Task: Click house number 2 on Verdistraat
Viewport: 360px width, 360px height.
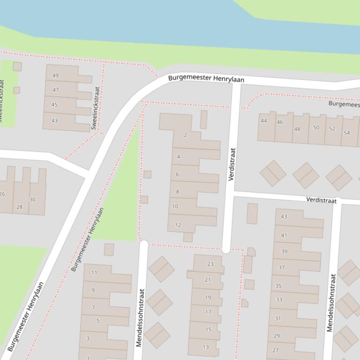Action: pyautogui.click(x=185, y=135)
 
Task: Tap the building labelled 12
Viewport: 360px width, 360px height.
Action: pyautogui.click(x=178, y=225)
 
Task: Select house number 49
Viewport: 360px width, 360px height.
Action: pyautogui.click(x=56, y=76)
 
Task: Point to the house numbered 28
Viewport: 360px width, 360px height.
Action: pyautogui.click(x=19, y=207)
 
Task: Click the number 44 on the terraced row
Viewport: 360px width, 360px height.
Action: pyautogui.click(x=264, y=121)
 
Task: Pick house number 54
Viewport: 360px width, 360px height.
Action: pyautogui.click(x=346, y=133)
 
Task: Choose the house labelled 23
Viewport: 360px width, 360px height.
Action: pyautogui.click(x=210, y=264)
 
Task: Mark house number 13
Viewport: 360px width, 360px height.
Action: pyautogui.click(x=206, y=347)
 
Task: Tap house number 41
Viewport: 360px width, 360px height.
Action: pyautogui.click(x=284, y=235)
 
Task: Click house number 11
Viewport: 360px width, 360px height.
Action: pyautogui.click(x=95, y=273)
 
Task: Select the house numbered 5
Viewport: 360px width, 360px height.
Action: pyautogui.click(x=98, y=321)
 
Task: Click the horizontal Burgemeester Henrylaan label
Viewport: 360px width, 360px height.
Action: pyautogui.click(x=206, y=79)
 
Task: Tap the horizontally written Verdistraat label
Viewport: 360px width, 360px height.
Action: pyautogui.click(x=321, y=200)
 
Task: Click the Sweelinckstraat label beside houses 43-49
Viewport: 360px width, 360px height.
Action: pyautogui.click(x=96, y=108)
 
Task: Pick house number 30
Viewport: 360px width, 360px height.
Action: pyautogui.click(x=32, y=200)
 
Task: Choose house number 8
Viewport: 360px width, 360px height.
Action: pyautogui.click(x=177, y=192)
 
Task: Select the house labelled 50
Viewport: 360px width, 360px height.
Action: pyautogui.click(x=316, y=128)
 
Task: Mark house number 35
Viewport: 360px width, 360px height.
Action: pyautogui.click(x=279, y=286)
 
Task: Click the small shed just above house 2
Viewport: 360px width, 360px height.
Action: pyautogui.click(x=204, y=119)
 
